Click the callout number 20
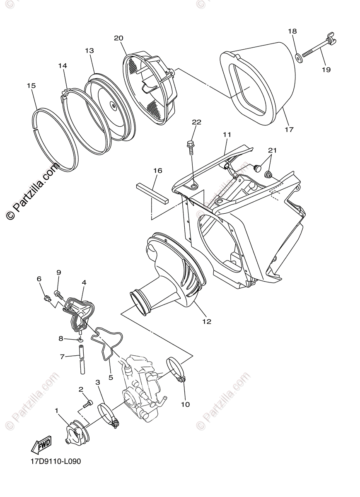[118, 38]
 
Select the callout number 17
[289, 130]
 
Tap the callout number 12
[206, 321]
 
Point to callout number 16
[157, 171]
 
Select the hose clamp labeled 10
[176, 369]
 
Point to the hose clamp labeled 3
[108, 415]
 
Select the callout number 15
[31, 86]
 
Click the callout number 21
[271, 150]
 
